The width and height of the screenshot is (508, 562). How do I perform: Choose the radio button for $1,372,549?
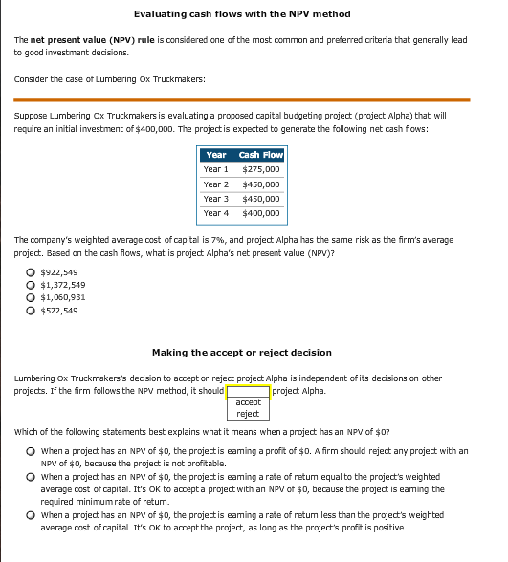(33, 285)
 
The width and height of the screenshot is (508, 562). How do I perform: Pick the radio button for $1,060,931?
(33, 297)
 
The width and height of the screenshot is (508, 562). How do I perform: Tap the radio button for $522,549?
(33, 310)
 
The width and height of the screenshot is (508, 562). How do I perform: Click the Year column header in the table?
(215, 155)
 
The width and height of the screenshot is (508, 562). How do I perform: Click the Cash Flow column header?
(261, 155)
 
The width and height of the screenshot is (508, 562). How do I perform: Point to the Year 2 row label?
(215, 184)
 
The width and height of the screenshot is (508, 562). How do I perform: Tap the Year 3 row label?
(215, 199)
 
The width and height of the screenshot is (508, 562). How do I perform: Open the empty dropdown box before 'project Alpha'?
(248, 390)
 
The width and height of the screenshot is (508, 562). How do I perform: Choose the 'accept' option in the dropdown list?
(248, 402)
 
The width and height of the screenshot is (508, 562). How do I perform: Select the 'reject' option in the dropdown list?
(248, 414)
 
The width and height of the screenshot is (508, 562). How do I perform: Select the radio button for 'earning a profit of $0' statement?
(33, 450)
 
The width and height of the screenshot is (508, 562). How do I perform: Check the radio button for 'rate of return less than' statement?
(33, 515)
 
